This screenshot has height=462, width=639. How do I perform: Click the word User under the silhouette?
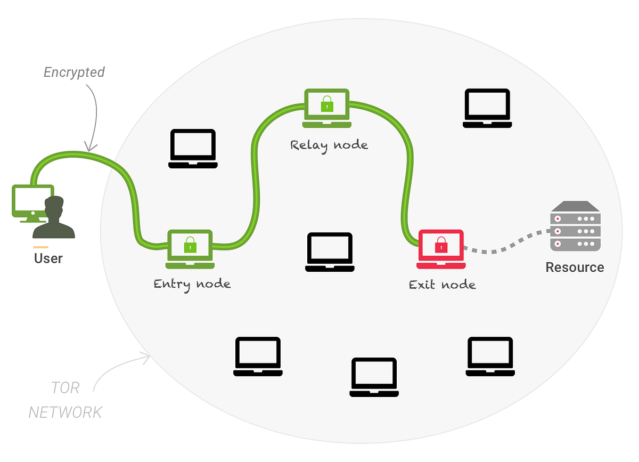pos(48,258)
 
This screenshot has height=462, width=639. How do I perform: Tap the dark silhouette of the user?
pos(54,218)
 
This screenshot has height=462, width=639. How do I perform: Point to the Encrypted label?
pos(74,72)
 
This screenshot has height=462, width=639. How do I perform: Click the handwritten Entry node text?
pos(192,283)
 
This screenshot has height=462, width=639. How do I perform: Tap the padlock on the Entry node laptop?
pos(190,246)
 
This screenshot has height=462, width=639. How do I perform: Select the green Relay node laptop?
pos(326,108)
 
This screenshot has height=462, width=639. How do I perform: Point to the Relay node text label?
pos(329,144)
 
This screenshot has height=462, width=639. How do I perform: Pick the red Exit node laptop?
pos(441,249)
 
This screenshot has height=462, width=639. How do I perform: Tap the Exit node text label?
pos(442,285)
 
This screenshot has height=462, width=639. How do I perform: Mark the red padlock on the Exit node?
pos(441,246)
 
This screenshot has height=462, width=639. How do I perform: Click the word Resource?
pos(575,267)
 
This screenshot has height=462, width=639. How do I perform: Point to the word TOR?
pos(65,387)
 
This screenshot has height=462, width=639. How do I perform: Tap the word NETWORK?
pos(65,412)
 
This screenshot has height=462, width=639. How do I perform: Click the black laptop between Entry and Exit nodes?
pos(329,252)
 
